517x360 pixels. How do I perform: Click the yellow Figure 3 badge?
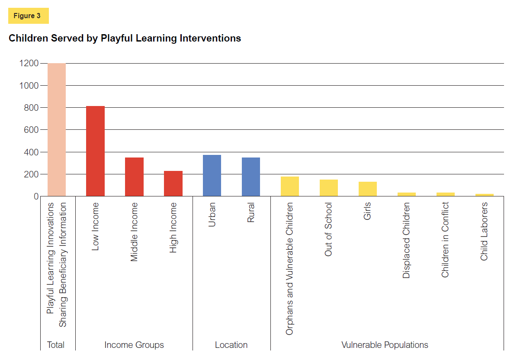pyautogui.click(x=28, y=16)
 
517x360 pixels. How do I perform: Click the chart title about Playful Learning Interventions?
pyautogui.click(x=125, y=38)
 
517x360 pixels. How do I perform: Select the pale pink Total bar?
pyautogui.click(x=57, y=130)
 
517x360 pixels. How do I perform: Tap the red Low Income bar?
pyautogui.click(x=95, y=151)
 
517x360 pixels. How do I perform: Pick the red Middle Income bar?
pyautogui.click(x=134, y=177)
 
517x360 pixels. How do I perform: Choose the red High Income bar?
pyautogui.click(x=173, y=183)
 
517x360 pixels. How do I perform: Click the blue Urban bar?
pyautogui.click(x=212, y=175)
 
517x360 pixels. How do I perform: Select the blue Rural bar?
pyautogui.click(x=251, y=177)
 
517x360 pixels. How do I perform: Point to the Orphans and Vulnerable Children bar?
pyautogui.click(x=290, y=186)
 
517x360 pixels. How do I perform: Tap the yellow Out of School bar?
pyautogui.click(x=329, y=188)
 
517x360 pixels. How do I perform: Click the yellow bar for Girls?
pyautogui.click(x=368, y=189)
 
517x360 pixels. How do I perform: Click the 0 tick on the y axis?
pyautogui.click(x=36, y=196)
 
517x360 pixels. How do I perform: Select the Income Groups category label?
pyautogui.click(x=134, y=345)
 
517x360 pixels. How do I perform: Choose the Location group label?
pyautogui.click(x=231, y=345)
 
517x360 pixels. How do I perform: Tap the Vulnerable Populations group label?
pyautogui.click(x=385, y=345)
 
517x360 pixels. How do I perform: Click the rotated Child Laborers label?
pyautogui.click(x=484, y=231)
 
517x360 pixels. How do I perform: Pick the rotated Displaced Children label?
pyautogui.click(x=406, y=240)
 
